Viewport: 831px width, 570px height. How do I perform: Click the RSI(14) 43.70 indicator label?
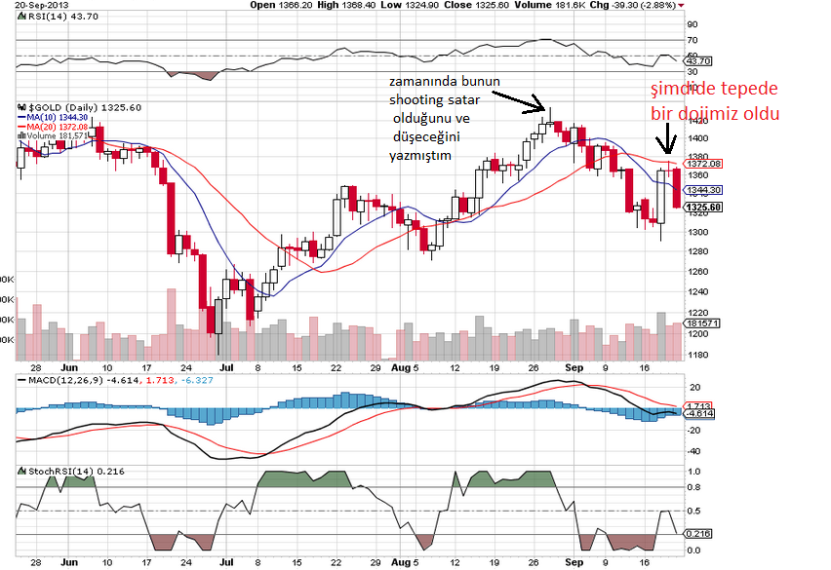[51, 17]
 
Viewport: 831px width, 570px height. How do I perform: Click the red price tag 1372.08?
[704, 164]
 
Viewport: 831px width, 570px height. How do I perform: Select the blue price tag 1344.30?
[704, 190]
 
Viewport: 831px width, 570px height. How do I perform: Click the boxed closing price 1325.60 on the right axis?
[704, 208]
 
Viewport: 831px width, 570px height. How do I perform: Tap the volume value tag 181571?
[704, 323]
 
